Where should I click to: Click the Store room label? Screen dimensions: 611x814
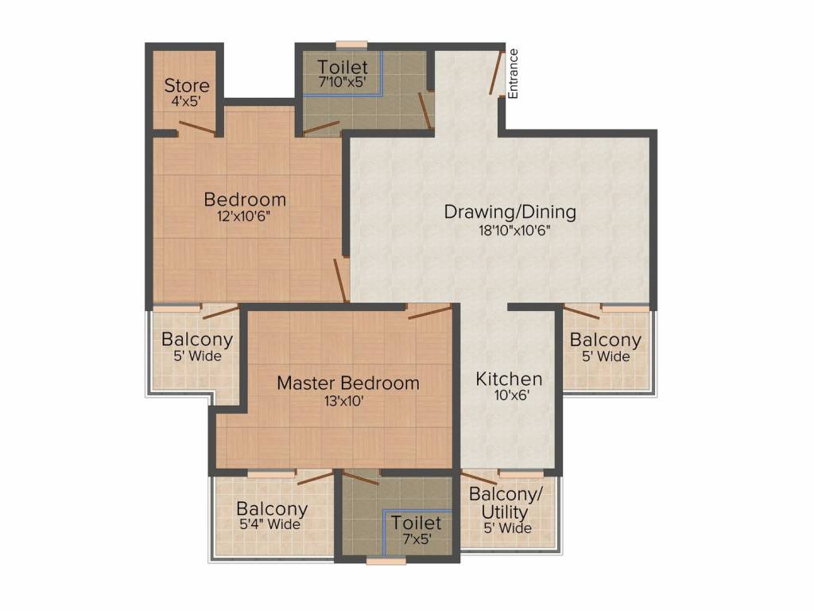click(x=187, y=85)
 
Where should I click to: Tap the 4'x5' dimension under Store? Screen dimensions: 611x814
click(x=187, y=102)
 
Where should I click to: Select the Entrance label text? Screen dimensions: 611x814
click(x=513, y=74)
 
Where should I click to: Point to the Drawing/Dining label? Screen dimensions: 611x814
click(x=510, y=212)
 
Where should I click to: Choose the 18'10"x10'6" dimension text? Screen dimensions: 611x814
click(x=510, y=231)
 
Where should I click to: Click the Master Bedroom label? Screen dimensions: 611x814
click(x=347, y=383)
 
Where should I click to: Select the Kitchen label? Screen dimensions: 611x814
click(x=509, y=379)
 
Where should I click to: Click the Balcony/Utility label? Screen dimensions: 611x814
click(x=505, y=502)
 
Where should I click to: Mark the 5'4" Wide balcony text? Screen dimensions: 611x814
click(x=270, y=525)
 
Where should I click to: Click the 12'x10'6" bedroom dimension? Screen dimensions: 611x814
click(x=244, y=216)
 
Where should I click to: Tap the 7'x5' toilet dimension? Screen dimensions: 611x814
click(x=417, y=539)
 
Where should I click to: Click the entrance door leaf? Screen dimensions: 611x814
click(x=497, y=73)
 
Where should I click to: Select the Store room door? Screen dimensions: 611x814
click(x=197, y=127)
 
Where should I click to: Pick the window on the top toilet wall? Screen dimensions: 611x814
click(x=351, y=45)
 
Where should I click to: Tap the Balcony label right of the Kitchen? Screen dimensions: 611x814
click(x=605, y=340)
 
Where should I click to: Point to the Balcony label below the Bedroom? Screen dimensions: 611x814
click(x=197, y=340)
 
